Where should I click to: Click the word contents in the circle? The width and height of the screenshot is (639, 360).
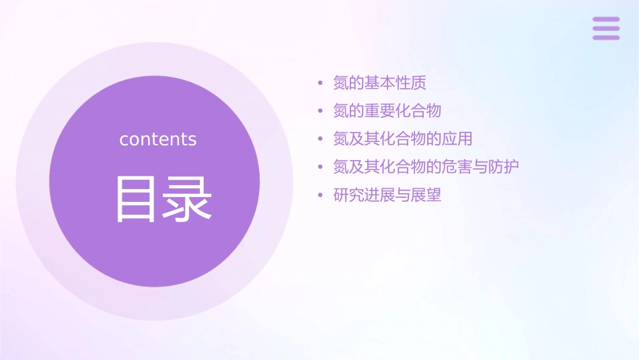[x=158, y=139]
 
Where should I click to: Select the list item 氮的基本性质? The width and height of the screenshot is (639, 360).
[x=380, y=83]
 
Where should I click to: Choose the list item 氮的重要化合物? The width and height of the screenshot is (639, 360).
[x=387, y=110]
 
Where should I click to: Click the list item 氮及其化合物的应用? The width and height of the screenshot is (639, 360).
[x=403, y=139]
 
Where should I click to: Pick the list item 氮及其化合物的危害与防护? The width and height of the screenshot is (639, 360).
[x=426, y=167]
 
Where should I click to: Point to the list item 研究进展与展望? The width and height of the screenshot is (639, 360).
[x=387, y=195]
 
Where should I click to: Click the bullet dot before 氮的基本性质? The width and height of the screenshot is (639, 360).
[x=320, y=83]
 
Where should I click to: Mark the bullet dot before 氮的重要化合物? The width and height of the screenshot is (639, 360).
[x=320, y=111]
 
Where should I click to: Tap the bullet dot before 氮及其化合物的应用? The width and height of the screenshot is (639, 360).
[x=320, y=139]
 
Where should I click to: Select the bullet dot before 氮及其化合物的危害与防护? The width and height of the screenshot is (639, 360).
[x=320, y=168]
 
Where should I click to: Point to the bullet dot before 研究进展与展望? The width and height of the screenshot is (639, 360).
[x=320, y=196]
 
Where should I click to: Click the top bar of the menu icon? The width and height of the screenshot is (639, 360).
[x=606, y=20]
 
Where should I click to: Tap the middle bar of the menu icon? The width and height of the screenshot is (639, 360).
[x=606, y=28]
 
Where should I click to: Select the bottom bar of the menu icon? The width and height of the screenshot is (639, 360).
[x=606, y=37]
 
